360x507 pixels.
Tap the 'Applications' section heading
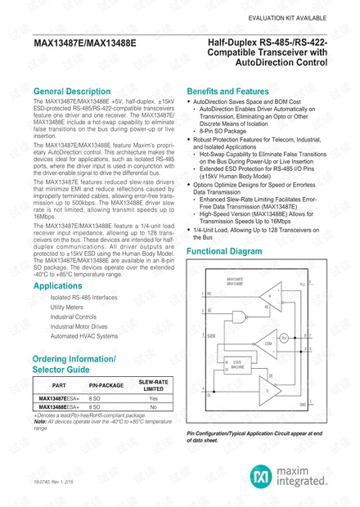point(58,287)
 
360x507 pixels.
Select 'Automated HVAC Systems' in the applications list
point(84,336)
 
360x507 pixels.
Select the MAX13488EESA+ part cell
point(61,406)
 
